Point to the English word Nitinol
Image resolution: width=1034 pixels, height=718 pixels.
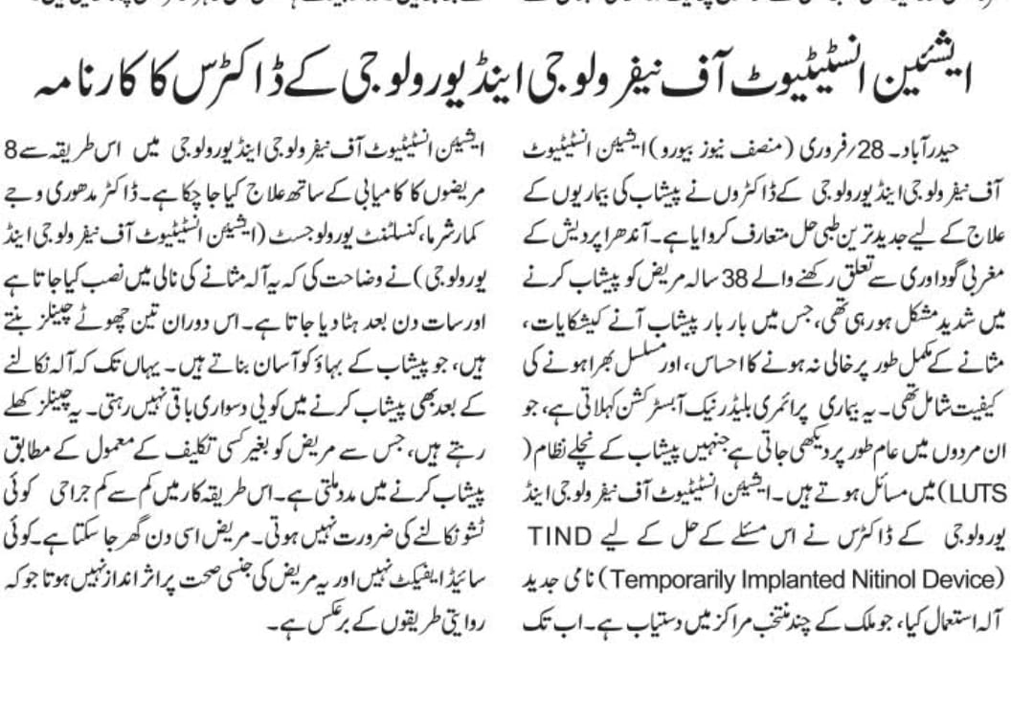click(865, 579)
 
